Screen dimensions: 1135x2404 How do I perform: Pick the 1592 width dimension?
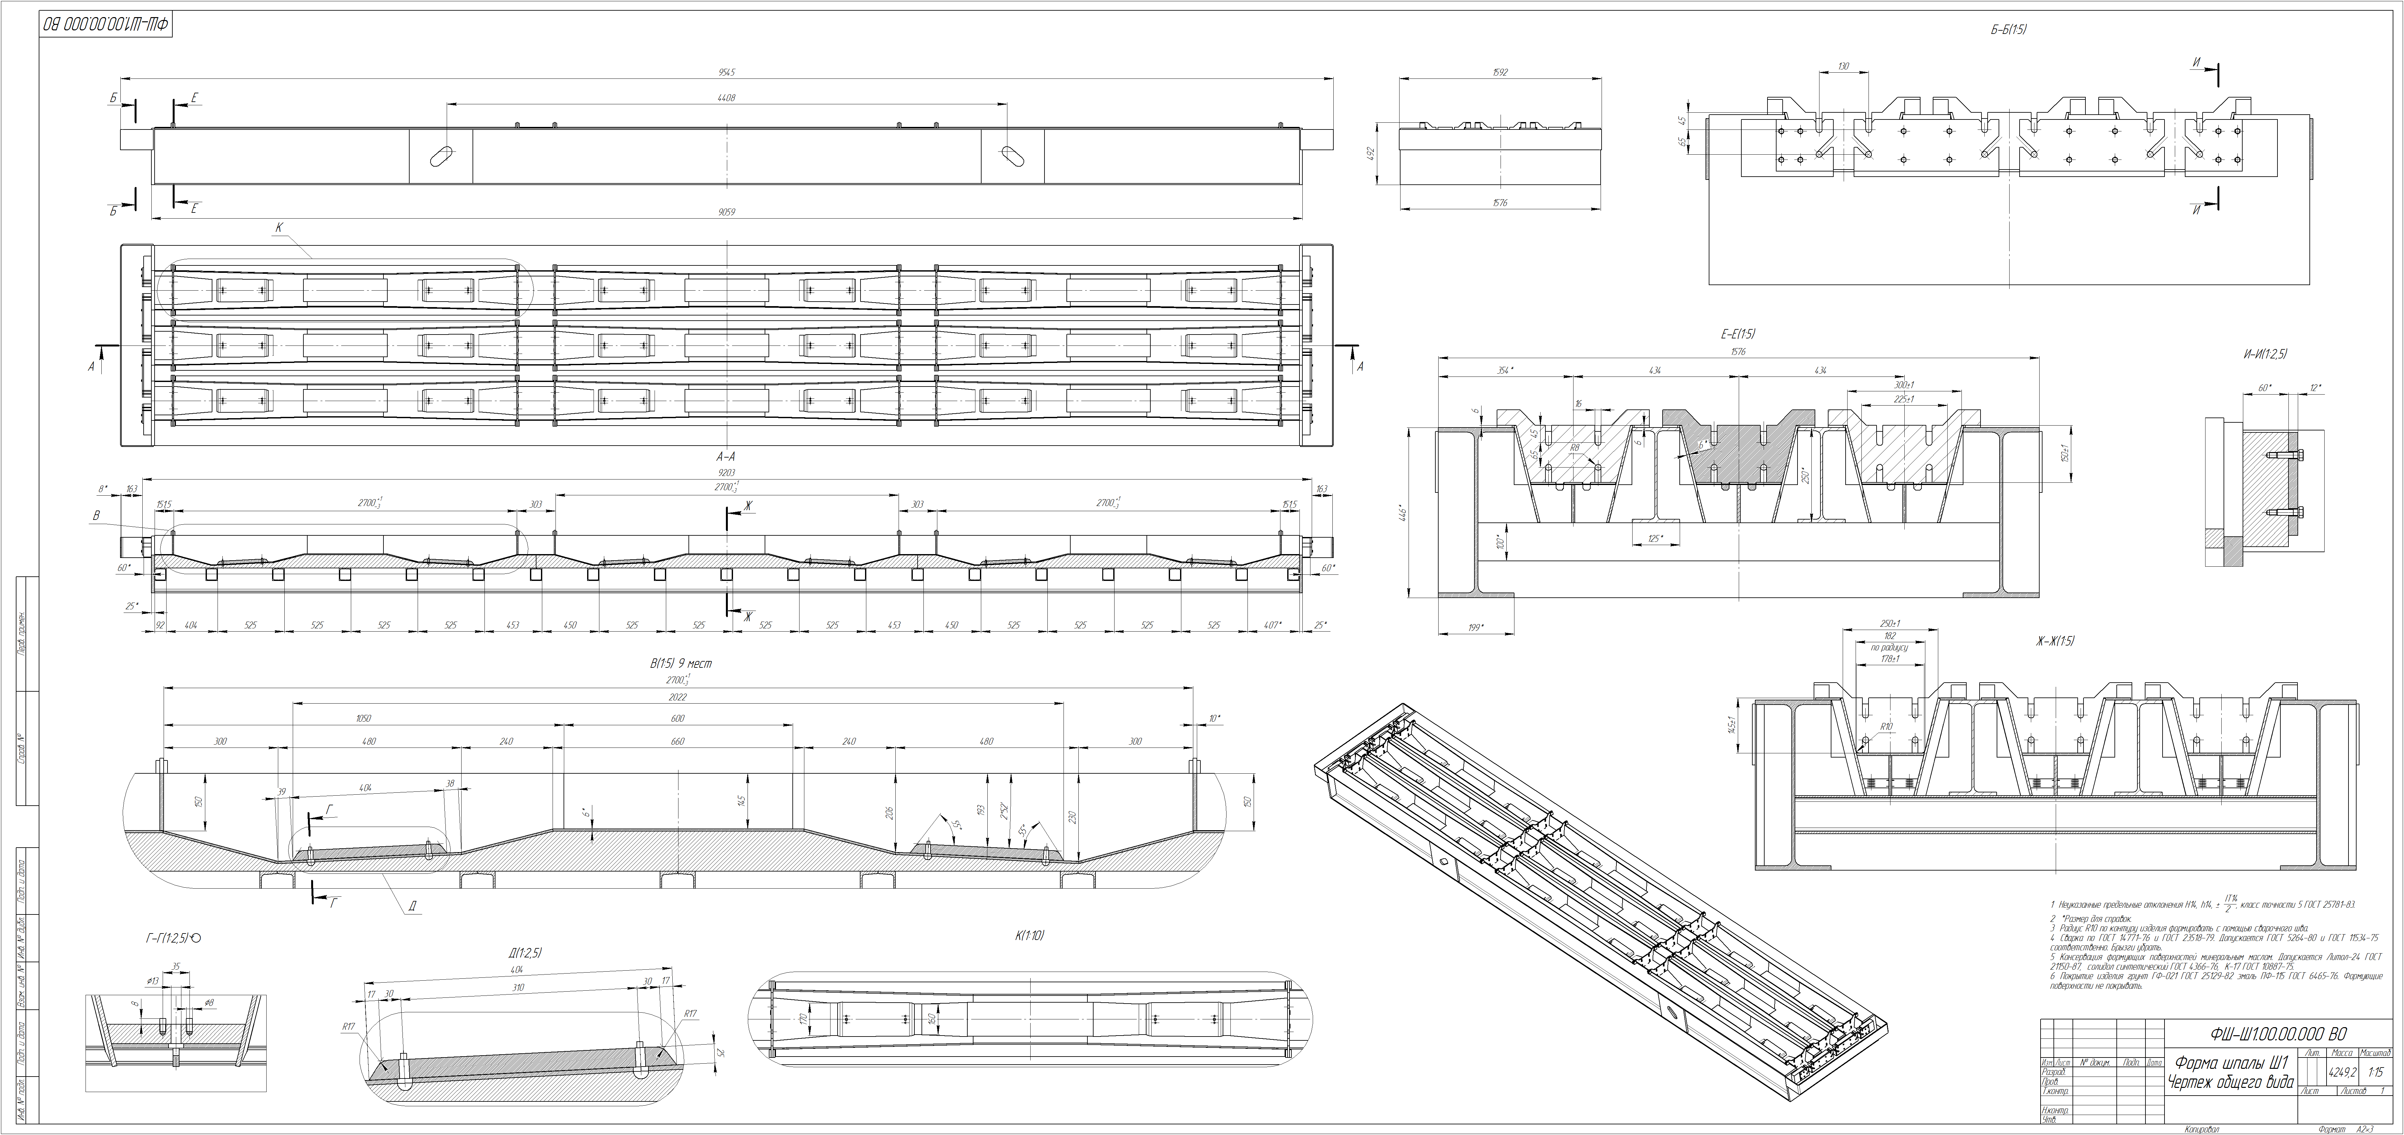click(x=1500, y=72)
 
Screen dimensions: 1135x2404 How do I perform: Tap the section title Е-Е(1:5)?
click(x=1738, y=333)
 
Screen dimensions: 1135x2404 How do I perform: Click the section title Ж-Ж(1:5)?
click(x=2054, y=641)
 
